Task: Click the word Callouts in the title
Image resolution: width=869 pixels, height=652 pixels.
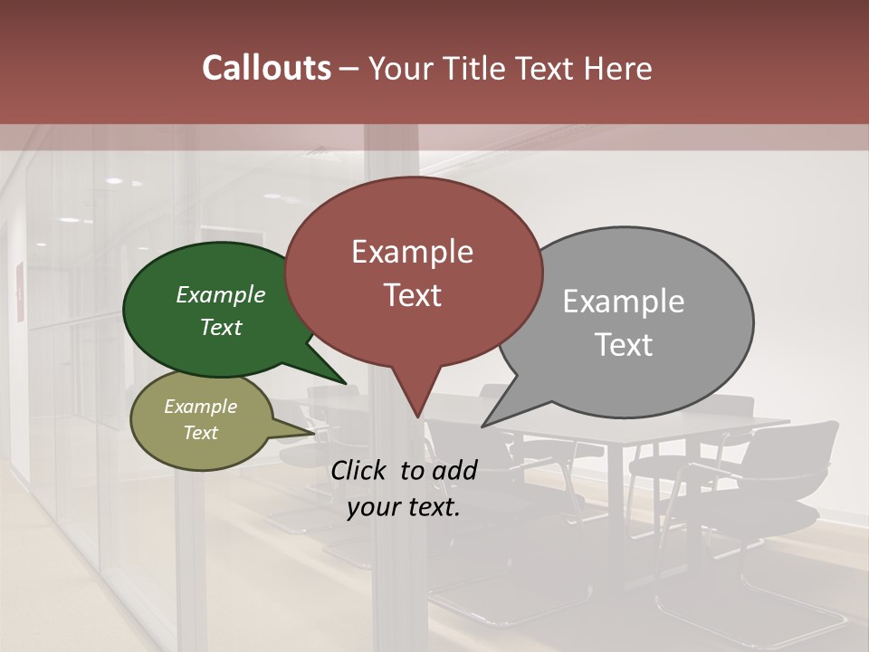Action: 266,68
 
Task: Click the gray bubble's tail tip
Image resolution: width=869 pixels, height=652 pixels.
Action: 482,426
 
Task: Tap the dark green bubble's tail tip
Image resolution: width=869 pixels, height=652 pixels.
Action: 346,384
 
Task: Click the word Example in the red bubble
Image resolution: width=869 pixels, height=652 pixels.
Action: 413,252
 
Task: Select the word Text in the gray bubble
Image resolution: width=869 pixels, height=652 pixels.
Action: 624,345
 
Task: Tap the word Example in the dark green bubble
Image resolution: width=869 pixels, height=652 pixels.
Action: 221,295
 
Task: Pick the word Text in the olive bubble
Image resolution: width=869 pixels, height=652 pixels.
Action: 201,433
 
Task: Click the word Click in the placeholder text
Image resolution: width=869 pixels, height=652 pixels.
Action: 359,470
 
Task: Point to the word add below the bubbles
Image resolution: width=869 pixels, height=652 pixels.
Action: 454,470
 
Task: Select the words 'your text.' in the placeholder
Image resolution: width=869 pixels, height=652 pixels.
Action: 404,508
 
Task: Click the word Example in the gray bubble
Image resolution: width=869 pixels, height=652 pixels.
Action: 624,302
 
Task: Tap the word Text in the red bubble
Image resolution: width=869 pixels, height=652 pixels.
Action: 413,295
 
